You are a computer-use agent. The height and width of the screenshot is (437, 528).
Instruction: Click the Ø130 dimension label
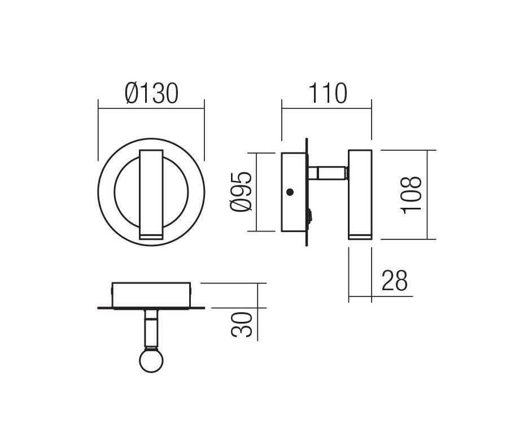(x=151, y=94)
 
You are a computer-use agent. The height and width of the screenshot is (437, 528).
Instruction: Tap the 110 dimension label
(x=328, y=93)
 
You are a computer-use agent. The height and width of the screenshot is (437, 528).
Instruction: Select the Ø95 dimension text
(x=241, y=191)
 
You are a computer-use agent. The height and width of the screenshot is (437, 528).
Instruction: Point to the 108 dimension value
(x=411, y=194)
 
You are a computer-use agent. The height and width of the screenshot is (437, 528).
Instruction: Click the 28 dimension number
(x=394, y=280)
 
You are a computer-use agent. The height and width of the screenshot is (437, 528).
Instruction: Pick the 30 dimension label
(x=242, y=325)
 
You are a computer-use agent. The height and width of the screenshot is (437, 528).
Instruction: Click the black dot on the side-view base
(x=289, y=192)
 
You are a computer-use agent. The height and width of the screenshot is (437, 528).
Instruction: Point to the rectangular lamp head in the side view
(x=360, y=194)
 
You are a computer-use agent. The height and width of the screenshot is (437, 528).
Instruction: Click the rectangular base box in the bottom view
(x=151, y=295)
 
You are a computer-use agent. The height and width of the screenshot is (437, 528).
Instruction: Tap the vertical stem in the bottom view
(x=151, y=328)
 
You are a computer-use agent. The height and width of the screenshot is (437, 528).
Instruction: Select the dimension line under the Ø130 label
(x=151, y=108)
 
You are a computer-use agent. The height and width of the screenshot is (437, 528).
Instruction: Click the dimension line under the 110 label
(x=326, y=108)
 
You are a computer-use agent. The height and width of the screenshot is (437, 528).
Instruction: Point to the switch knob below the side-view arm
(x=310, y=216)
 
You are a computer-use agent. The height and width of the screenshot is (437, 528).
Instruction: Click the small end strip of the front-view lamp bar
(x=151, y=235)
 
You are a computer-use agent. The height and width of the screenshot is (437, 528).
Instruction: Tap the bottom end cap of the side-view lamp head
(x=360, y=237)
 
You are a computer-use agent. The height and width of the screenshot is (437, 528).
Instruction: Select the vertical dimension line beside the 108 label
(x=427, y=195)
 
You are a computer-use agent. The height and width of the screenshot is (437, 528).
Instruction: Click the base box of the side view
(x=295, y=192)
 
